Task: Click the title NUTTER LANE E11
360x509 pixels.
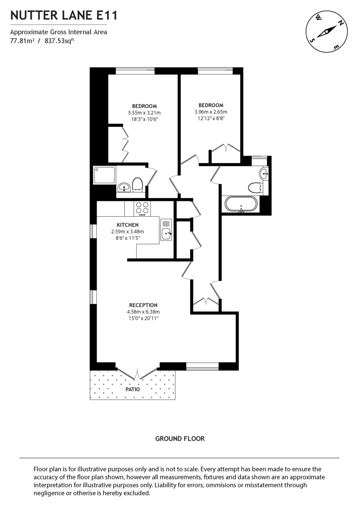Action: [64, 16]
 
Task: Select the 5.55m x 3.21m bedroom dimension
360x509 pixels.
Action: [144, 113]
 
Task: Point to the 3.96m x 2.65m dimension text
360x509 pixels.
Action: [211, 112]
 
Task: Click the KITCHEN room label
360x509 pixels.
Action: [127, 225]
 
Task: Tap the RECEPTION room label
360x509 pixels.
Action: [143, 305]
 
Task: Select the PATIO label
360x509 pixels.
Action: [132, 389]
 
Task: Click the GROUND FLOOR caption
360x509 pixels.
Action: [180, 439]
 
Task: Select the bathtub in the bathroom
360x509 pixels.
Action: [241, 204]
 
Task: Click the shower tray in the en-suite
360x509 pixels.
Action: [104, 175]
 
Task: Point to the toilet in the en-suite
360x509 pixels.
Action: [137, 185]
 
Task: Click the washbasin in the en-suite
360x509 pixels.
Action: [124, 187]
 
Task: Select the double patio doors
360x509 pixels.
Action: [137, 373]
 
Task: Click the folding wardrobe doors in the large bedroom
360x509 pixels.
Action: [125, 144]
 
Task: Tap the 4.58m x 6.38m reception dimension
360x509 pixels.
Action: [143, 312]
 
